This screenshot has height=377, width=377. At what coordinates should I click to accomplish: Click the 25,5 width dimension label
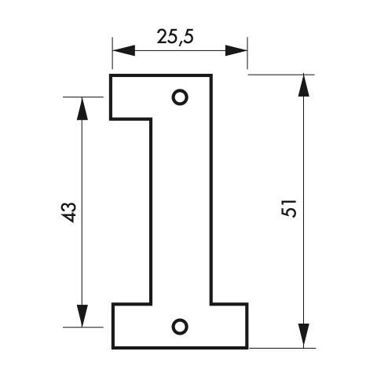[x=175, y=37]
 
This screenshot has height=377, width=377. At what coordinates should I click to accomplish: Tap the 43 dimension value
[x=68, y=212]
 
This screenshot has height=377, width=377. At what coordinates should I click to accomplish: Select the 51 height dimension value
[x=289, y=208]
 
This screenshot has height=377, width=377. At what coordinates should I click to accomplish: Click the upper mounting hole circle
[x=180, y=97]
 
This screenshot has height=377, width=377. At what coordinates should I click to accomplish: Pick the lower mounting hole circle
[x=180, y=327]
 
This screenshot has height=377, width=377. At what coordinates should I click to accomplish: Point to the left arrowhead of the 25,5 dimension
[x=123, y=50]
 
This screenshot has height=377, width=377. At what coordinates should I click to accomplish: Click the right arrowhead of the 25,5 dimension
[x=236, y=50]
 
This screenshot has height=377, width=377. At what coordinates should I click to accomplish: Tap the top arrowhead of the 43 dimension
[x=82, y=108]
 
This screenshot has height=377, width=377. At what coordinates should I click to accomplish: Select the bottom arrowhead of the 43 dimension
[x=82, y=316]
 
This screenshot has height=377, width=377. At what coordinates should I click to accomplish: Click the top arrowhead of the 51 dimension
[x=303, y=86]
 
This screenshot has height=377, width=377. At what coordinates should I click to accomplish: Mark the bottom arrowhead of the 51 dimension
[x=303, y=337]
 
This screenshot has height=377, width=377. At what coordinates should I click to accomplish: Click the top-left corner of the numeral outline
[x=111, y=75]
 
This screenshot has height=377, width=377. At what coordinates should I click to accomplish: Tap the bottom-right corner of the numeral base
[x=247, y=348]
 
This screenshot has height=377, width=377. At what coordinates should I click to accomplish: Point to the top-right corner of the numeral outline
[x=211, y=75]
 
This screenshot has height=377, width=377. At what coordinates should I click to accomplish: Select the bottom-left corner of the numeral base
[x=113, y=348]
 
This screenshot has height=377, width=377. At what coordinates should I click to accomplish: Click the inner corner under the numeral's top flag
[x=151, y=119]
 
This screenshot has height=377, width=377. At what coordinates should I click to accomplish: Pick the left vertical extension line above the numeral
[x=112, y=53]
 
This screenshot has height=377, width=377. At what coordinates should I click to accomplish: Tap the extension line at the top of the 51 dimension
[x=281, y=75]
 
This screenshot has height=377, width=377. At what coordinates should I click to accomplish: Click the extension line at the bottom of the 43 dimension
[x=83, y=328]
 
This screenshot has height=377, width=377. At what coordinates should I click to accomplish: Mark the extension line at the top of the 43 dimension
[x=83, y=97]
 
